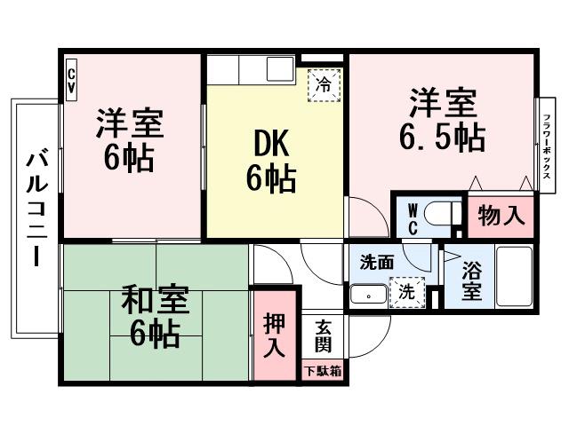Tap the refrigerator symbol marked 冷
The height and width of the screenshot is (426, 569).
325,85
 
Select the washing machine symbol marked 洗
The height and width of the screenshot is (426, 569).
405,291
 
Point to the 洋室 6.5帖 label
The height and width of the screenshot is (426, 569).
445,120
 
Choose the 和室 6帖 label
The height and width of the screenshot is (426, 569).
154,318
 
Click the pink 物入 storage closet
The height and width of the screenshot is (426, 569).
501,216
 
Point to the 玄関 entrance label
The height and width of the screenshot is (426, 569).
322,337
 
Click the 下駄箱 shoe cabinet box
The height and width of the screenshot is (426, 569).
323,372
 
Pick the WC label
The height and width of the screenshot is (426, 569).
413,217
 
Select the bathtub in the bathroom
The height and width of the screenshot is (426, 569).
515,277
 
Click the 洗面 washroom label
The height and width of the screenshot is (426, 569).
377,263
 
